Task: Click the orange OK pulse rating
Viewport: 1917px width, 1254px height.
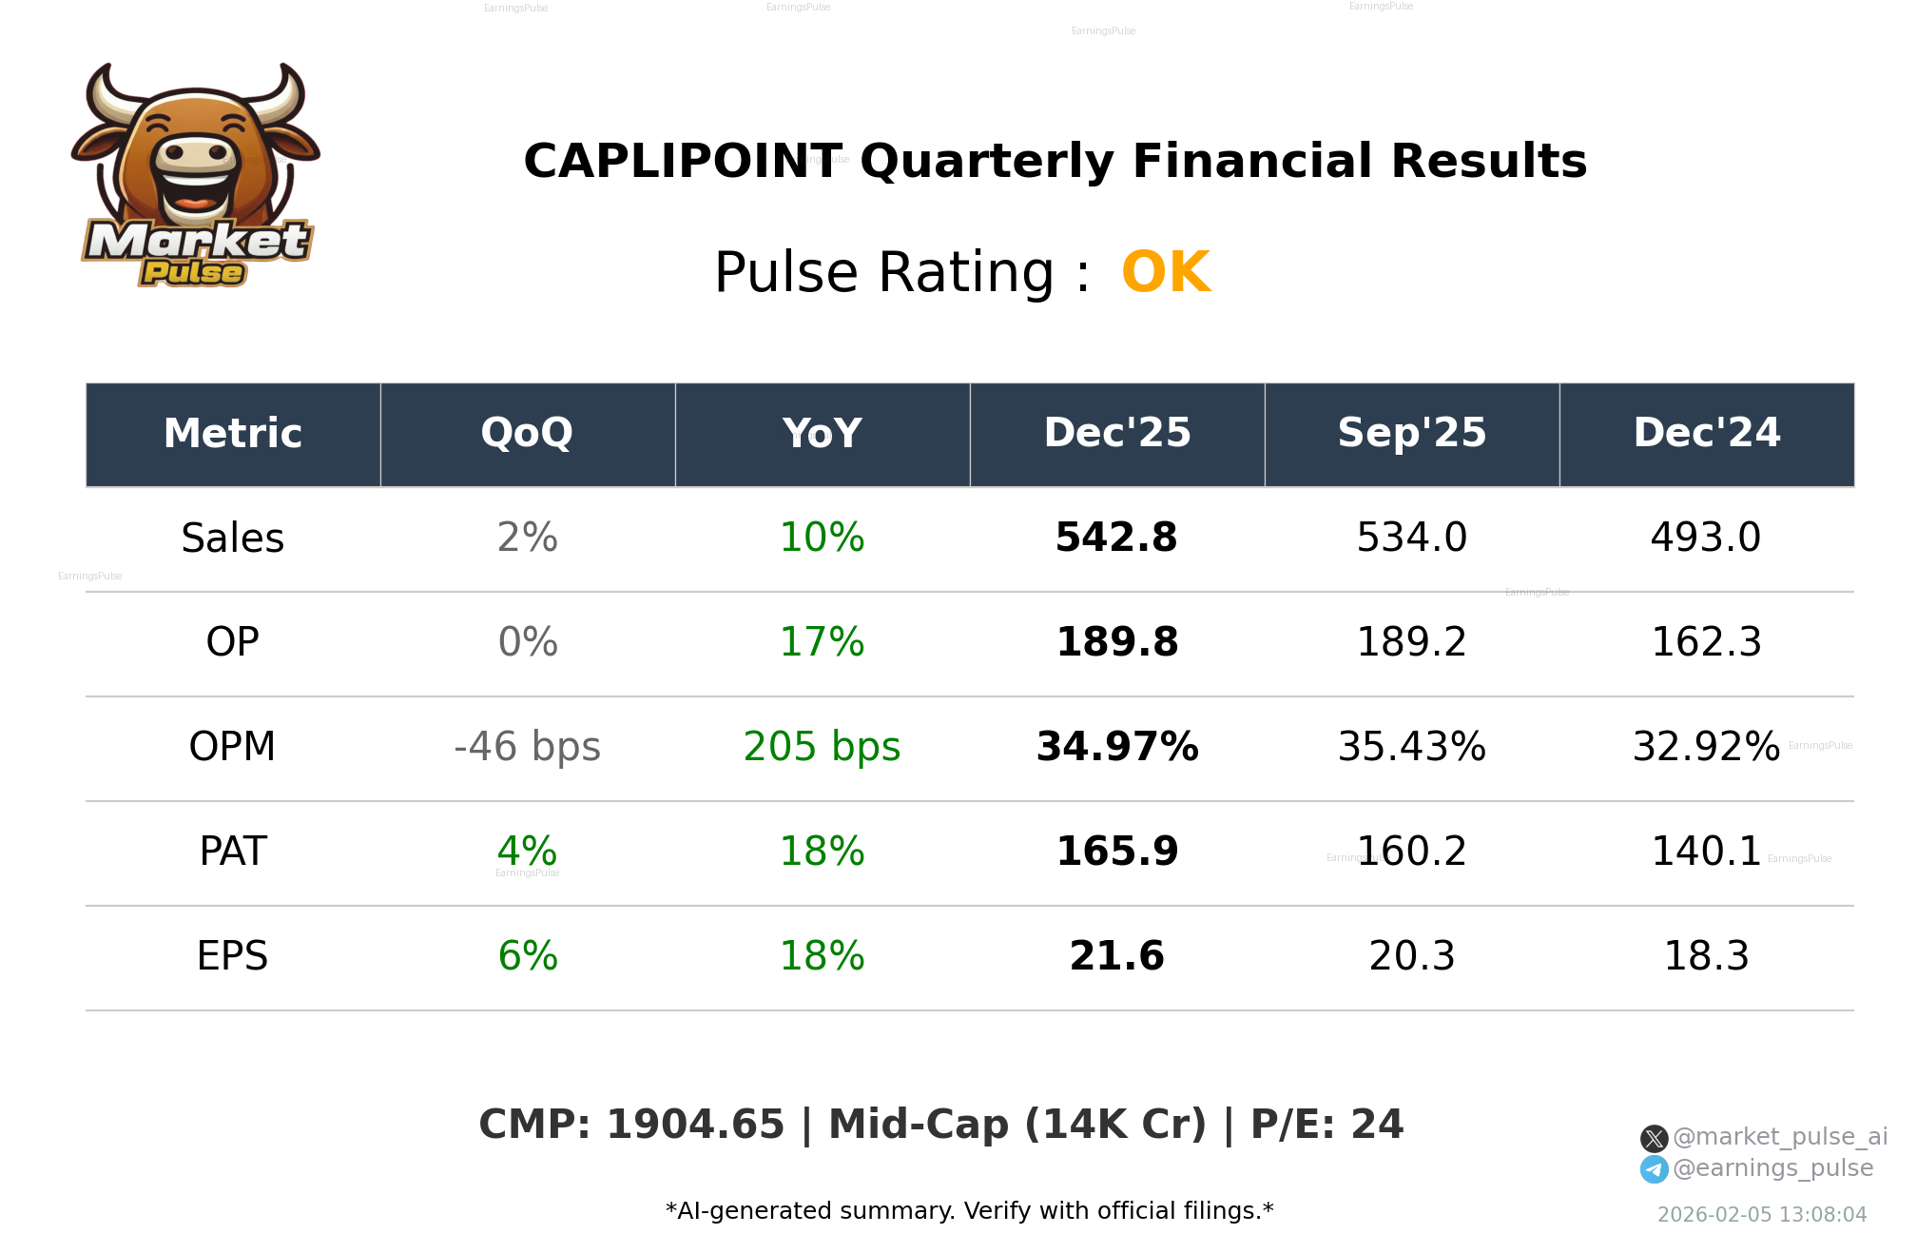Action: tap(1165, 272)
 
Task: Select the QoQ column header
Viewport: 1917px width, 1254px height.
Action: tap(527, 434)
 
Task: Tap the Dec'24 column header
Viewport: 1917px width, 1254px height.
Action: tap(1706, 434)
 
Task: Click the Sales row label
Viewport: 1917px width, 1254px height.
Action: tap(232, 539)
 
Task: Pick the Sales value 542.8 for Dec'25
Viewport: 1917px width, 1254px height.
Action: tap(1116, 538)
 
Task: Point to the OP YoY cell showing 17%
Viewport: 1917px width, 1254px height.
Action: tap(822, 642)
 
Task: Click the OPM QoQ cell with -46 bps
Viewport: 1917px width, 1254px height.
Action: tap(527, 747)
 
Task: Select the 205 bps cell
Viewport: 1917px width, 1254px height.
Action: tap(822, 747)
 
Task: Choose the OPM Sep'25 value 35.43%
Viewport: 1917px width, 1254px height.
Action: tap(1411, 747)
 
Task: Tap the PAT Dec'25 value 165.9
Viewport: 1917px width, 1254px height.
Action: tap(1116, 852)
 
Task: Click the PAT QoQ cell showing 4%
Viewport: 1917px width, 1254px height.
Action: tap(527, 852)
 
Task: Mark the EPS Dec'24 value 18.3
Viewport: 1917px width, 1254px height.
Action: tap(1706, 956)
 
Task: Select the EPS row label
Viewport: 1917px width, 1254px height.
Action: tap(232, 956)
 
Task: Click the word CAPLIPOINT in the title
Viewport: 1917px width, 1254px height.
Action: tap(682, 162)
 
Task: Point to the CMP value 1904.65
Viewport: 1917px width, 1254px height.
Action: tap(695, 1125)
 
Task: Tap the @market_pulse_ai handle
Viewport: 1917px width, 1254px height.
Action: tap(1779, 1137)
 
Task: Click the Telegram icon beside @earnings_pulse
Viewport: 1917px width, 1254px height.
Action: tap(1654, 1169)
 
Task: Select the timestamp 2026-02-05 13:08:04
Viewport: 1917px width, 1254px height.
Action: tap(1761, 1215)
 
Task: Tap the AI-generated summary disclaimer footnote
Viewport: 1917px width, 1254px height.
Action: tap(969, 1211)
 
